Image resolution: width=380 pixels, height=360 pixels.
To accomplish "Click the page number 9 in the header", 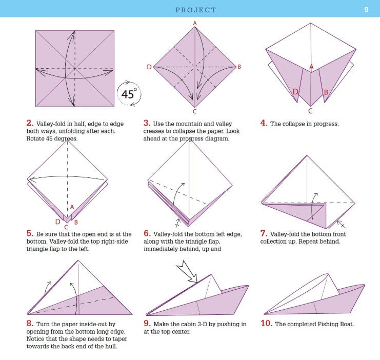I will coord(366,9).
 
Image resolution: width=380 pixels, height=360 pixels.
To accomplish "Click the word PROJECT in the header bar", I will coord(196,10).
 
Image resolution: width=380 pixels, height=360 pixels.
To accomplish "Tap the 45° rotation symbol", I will coord(128,94).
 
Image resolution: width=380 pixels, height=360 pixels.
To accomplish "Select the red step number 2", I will coord(30,123).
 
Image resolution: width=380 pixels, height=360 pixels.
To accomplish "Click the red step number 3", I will coord(146,123).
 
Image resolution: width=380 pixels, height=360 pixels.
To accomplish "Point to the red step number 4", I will coord(264,123).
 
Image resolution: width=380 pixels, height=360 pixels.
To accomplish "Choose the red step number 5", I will coord(30,233).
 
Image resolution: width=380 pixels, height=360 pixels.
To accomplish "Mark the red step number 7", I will coord(264,233).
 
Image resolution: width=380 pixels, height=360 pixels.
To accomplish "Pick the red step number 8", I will coord(30,324).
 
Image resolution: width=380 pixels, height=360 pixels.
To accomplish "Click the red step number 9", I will coord(147,324).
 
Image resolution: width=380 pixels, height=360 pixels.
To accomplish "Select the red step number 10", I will coord(267,324).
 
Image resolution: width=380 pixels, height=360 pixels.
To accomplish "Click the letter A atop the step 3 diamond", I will coord(195,23).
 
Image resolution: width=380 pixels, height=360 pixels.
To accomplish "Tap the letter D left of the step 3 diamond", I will coord(149,67).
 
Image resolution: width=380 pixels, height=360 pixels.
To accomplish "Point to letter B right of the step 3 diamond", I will coord(239,67).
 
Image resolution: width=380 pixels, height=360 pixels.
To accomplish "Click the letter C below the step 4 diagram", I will coord(310,110).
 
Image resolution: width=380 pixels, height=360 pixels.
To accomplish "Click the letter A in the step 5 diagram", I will coord(72,207).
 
